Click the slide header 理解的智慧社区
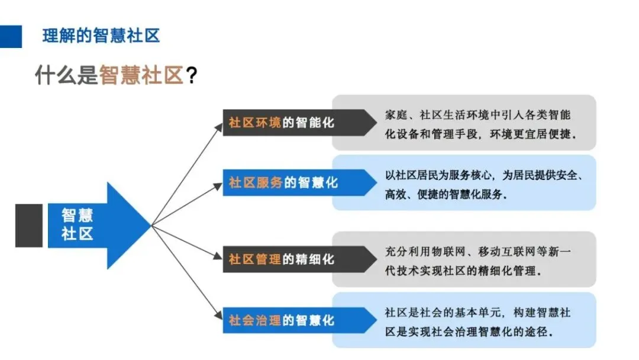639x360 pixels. [x=101, y=36]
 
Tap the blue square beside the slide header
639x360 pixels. [x=11, y=36]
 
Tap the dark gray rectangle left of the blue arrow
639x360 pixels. [x=28, y=225]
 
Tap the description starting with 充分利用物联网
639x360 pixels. [x=478, y=260]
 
